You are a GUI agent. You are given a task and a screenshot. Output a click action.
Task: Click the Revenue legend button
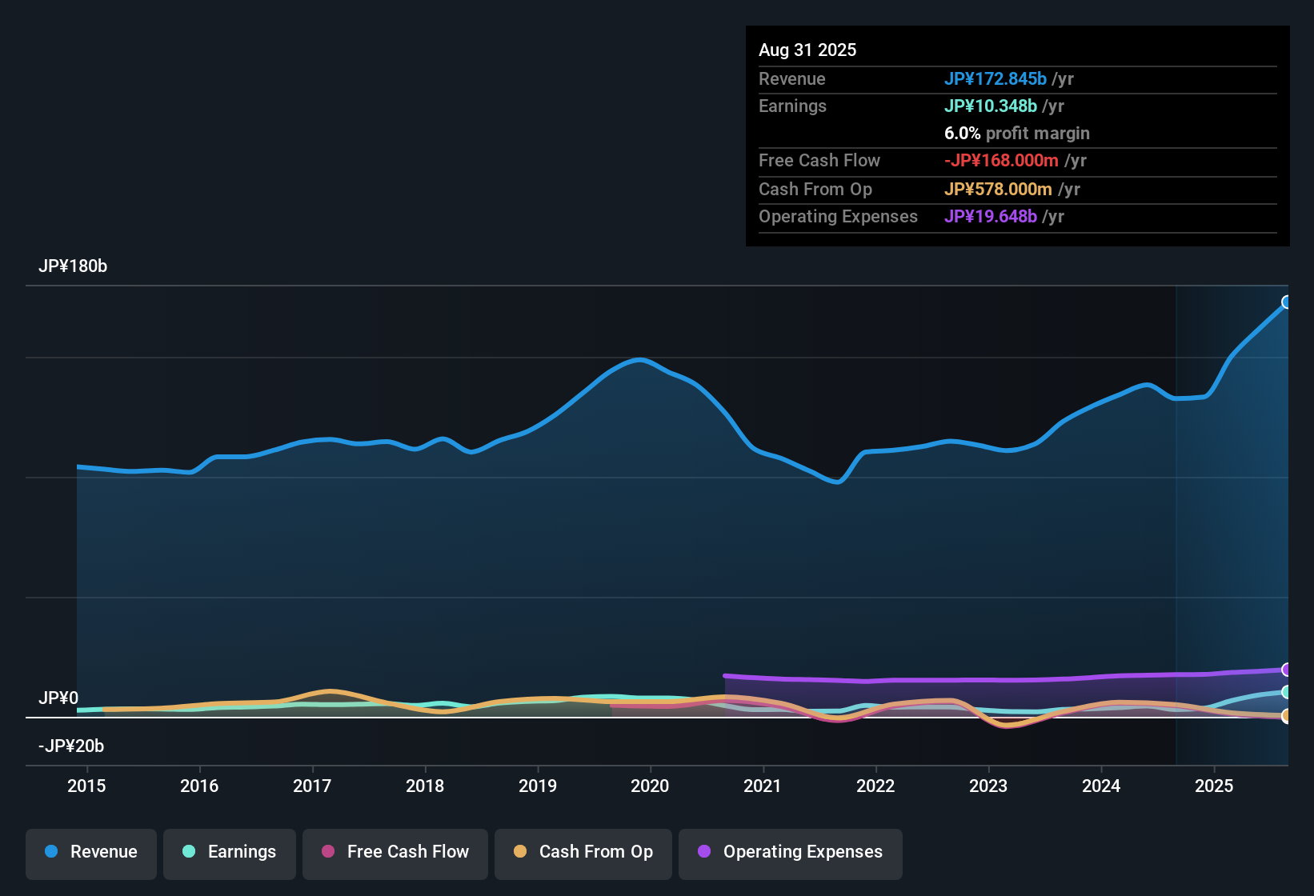click(x=91, y=852)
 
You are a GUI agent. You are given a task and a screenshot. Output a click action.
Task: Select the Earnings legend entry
click(x=230, y=852)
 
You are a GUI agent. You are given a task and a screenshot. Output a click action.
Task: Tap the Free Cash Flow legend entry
click(x=395, y=852)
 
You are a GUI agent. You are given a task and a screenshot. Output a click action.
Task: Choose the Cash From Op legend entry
click(x=583, y=852)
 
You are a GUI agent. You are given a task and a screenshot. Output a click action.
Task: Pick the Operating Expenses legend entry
click(x=791, y=852)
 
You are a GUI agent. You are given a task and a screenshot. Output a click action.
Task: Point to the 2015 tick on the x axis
click(x=86, y=786)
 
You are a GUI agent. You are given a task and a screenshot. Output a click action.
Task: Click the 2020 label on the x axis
click(x=650, y=786)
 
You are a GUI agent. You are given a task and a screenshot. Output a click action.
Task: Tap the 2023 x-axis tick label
click(x=988, y=786)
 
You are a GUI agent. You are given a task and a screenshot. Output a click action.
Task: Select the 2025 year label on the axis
click(x=1214, y=786)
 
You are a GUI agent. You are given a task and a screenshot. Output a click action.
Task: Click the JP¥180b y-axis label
click(x=73, y=266)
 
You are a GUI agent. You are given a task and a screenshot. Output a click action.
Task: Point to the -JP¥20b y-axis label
click(x=71, y=746)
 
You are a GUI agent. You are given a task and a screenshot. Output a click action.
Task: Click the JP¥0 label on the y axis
click(x=58, y=698)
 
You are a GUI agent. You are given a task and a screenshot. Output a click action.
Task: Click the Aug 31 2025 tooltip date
click(x=807, y=50)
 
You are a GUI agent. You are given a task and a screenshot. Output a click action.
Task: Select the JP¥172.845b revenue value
click(x=996, y=79)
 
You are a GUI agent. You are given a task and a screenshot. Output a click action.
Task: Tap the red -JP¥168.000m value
click(x=1001, y=161)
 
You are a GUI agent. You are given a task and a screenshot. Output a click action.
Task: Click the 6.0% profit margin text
click(x=1016, y=134)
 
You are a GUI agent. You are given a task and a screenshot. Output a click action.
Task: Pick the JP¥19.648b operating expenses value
click(x=991, y=217)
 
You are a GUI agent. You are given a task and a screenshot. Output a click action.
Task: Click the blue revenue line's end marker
click(x=1287, y=302)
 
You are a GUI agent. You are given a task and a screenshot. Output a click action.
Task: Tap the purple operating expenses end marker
click(x=1287, y=670)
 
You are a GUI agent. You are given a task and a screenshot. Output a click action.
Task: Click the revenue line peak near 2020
click(x=639, y=360)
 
